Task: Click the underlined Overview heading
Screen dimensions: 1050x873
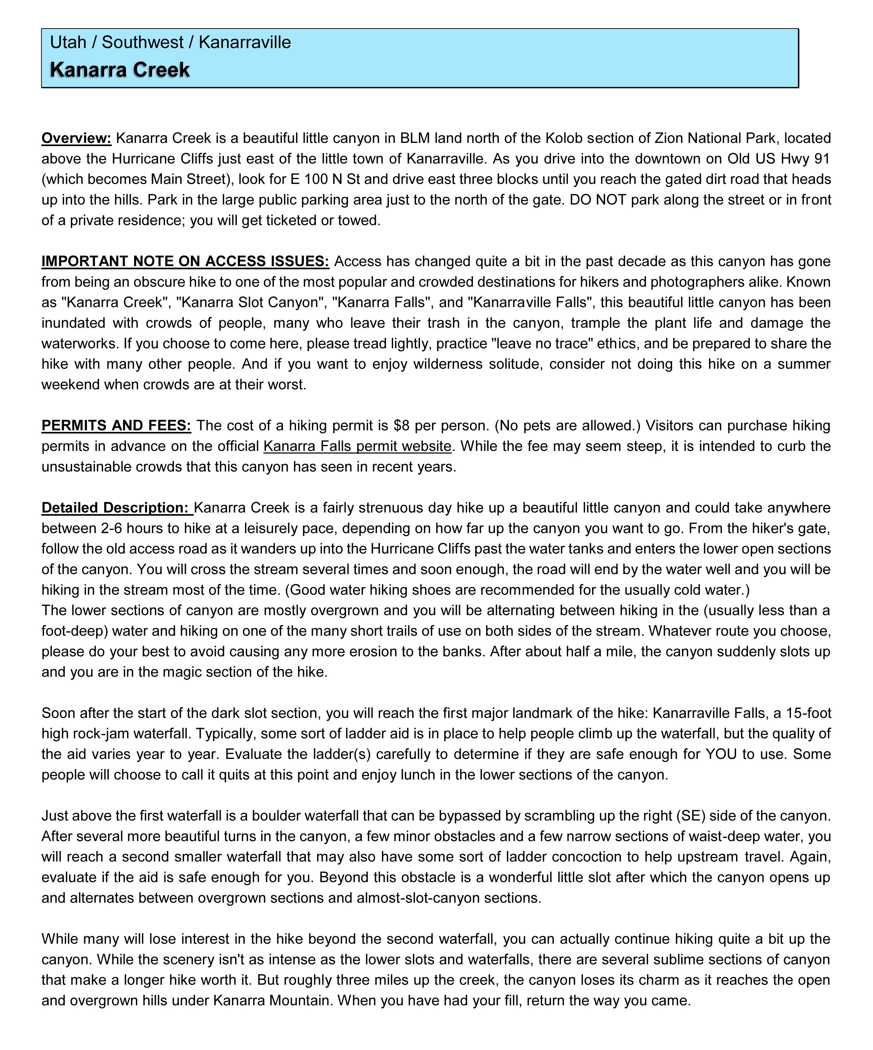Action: pyautogui.click(x=76, y=138)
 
